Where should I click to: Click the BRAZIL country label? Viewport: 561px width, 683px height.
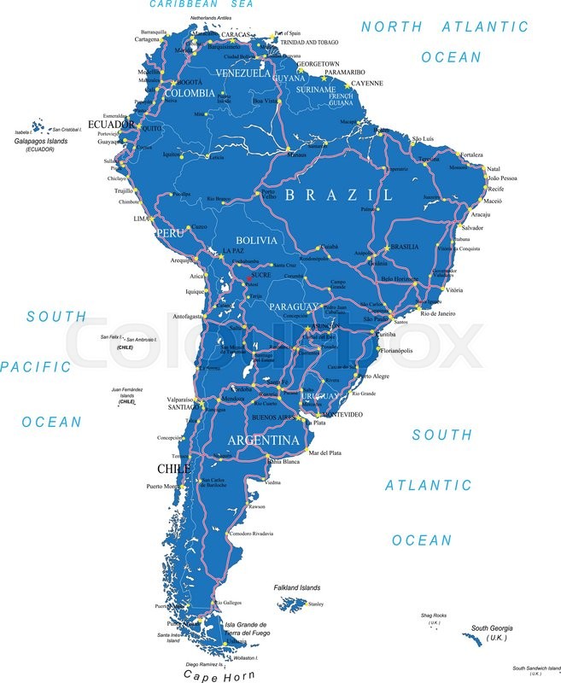[339, 195]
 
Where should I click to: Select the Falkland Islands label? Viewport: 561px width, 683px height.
[297, 587]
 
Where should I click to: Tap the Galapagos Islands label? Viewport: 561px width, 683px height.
[39, 142]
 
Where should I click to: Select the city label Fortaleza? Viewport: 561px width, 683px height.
[471, 155]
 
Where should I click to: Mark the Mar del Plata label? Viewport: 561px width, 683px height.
[324, 452]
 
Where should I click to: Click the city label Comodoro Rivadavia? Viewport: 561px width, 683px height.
[251, 534]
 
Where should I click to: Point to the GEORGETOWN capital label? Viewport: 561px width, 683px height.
[317, 64]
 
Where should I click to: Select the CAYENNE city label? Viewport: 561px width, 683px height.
[368, 83]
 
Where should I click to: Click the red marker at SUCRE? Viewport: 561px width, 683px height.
[249, 277]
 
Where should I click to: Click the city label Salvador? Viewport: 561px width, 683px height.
[472, 228]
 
